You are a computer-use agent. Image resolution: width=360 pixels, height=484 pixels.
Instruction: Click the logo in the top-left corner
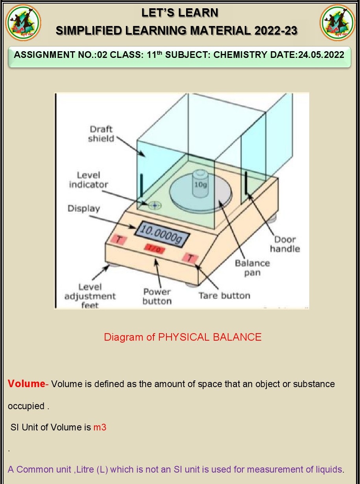click(x=23, y=22)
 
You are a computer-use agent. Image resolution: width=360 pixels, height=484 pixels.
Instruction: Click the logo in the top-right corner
click(x=337, y=22)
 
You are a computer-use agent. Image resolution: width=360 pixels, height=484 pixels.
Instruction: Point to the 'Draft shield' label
click(x=101, y=134)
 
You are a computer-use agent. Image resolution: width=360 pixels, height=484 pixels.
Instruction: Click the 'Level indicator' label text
click(x=89, y=180)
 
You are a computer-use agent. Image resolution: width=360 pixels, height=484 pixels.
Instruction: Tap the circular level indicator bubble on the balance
click(x=155, y=205)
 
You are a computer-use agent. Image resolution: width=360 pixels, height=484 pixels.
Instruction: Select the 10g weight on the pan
click(x=200, y=184)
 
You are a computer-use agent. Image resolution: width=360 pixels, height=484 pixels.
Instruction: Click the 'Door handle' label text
click(x=285, y=244)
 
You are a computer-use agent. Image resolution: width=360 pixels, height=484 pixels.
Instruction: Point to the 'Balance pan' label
click(x=252, y=267)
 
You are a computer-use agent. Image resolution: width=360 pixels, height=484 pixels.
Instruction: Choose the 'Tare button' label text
click(x=224, y=295)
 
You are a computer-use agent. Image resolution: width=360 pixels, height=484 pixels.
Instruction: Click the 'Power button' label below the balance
click(x=157, y=297)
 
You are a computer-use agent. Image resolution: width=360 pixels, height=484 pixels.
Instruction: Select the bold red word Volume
click(x=26, y=384)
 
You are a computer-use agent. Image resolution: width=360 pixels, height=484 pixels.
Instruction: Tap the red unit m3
click(x=100, y=427)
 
